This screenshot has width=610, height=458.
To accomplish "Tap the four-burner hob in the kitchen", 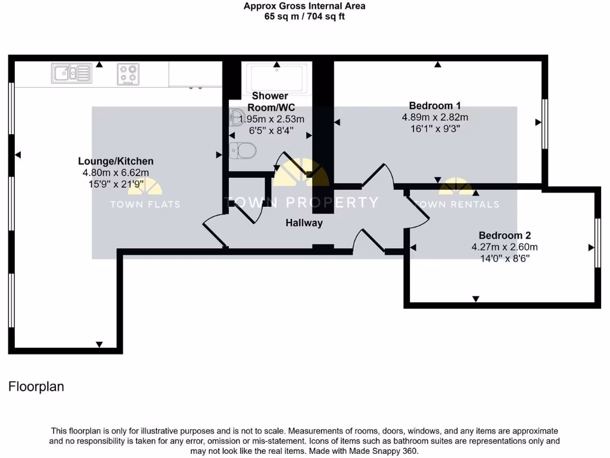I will pyautogui.click(x=128, y=74).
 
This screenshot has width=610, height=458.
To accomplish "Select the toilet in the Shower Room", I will pyautogui.click(x=243, y=150).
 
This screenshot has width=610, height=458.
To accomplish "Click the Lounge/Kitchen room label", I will pyautogui.click(x=116, y=161).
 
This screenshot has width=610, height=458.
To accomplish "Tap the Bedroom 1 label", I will pyautogui.click(x=435, y=106).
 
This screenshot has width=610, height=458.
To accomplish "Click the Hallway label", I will pyautogui.click(x=304, y=223).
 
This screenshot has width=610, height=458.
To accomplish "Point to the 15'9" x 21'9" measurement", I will pyautogui.click(x=116, y=184).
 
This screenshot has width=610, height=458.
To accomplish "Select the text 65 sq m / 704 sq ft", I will pyautogui.click(x=304, y=17).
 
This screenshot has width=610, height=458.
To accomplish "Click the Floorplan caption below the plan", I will pyautogui.click(x=36, y=386).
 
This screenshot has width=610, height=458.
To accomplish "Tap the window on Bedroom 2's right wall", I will pyautogui.click(x=597, y=243).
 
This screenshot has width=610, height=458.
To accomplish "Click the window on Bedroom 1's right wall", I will pyautogui.click(x=544, y=123).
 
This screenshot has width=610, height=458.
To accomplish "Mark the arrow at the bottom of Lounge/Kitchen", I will pyautogui.click(x=99, y=345).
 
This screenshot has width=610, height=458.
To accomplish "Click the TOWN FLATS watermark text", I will pyautogui.click(x=145, y=204).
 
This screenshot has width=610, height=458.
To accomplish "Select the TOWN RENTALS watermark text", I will pyautogui.click(x=456, y=204).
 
